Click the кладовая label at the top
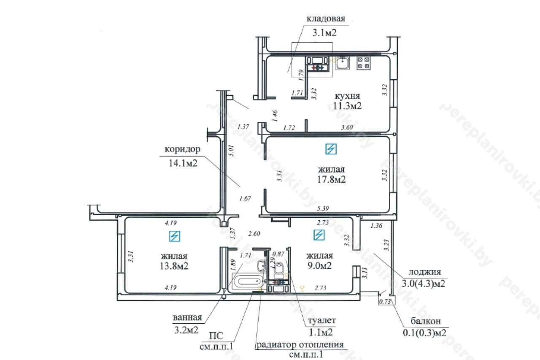326,19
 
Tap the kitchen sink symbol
342,63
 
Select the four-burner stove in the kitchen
364,63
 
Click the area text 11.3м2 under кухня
347,106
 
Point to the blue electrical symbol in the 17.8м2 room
331,149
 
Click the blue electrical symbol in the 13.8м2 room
175,236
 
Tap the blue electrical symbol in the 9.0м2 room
319,235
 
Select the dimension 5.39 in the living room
323,208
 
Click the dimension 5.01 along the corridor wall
231,151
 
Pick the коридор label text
183,149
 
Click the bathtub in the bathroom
248,282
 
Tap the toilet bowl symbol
279,268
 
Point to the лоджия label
424,272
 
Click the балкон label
426,321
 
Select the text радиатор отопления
300,344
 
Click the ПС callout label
216,336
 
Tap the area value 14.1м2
183,163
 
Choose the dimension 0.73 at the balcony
385,302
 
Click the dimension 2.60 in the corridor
254,233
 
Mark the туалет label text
321,320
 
